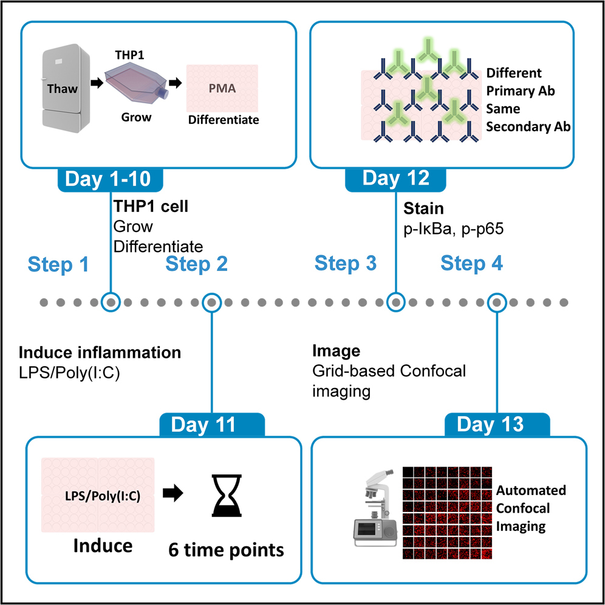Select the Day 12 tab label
click(x=395, y=179)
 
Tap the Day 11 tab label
click(x=211, y=425)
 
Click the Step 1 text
click(x=58, y=264)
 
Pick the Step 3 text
click(x=346, y=264)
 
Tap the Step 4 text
click(x=471, y=264)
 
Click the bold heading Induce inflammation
click(x=100, y=352)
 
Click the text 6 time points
click(x=226, y=550)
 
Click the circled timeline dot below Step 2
click(x=211, y=301)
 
